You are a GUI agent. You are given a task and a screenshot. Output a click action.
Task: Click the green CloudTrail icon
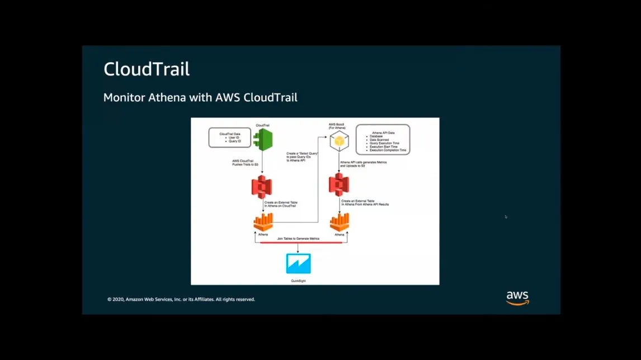tap(262, 140)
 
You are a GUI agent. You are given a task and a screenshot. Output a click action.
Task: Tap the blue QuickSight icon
tap(298, 264)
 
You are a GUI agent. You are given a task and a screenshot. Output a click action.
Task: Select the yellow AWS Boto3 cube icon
tap(339, 143)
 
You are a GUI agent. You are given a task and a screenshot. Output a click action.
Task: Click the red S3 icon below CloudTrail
tap(261, 187)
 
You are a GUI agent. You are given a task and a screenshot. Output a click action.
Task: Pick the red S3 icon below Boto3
tap(339, 185)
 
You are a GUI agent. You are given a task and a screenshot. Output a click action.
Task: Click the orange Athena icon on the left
tap(263, 222)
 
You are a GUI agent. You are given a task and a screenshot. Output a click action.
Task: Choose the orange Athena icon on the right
tap(340, 222)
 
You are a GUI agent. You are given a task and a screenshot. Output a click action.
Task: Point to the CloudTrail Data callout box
tap(230, 138)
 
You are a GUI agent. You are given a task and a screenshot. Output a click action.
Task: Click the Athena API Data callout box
tap(383, 140)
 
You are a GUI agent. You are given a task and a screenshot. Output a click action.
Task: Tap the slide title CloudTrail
tap(147, 69)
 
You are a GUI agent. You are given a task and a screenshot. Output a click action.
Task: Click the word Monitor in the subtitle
tap(124, 97)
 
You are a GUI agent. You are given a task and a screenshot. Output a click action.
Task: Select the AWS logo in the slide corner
tap(517, 297)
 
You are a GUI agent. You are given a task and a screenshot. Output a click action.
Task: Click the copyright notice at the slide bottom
tap(181, 300)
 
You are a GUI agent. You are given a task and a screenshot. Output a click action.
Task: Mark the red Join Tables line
tap(301, 243)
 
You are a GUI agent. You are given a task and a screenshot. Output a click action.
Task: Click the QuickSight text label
tap(298, 281)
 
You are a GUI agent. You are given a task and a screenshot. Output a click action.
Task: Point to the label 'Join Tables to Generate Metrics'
tap(298, 239)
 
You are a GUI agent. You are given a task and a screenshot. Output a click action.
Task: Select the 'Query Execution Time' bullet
tap(385, 143)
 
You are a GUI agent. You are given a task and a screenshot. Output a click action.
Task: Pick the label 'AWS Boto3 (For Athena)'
tap(336, 126)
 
